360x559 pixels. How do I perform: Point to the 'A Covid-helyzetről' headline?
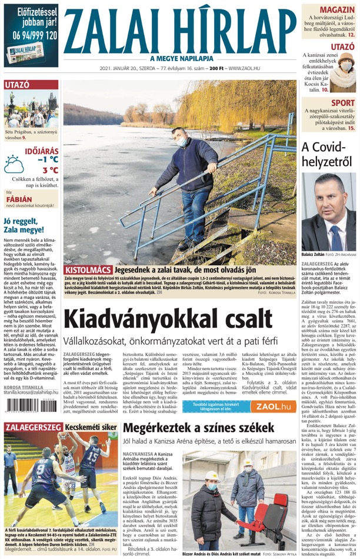coord(328,154)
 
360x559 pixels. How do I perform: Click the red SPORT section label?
coord(343,103)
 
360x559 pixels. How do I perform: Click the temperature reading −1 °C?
coord(47,159)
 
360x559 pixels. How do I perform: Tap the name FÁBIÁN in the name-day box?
coord(19,198)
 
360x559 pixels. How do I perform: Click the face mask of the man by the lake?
coord(184,141)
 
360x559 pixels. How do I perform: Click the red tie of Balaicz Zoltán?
coord(329,232)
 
